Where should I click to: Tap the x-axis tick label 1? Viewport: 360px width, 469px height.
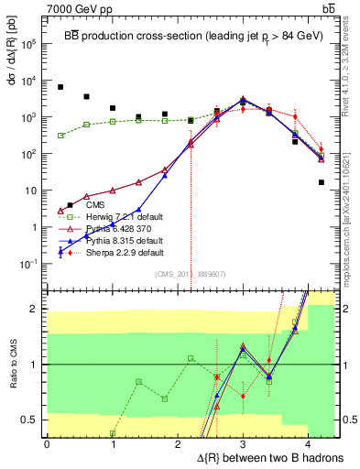[113, 444]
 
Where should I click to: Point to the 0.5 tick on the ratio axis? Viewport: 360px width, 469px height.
[33, 420]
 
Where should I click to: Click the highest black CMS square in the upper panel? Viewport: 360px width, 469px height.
[60, 87]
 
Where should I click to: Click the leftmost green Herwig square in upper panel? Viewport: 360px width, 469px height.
[60, 136]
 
